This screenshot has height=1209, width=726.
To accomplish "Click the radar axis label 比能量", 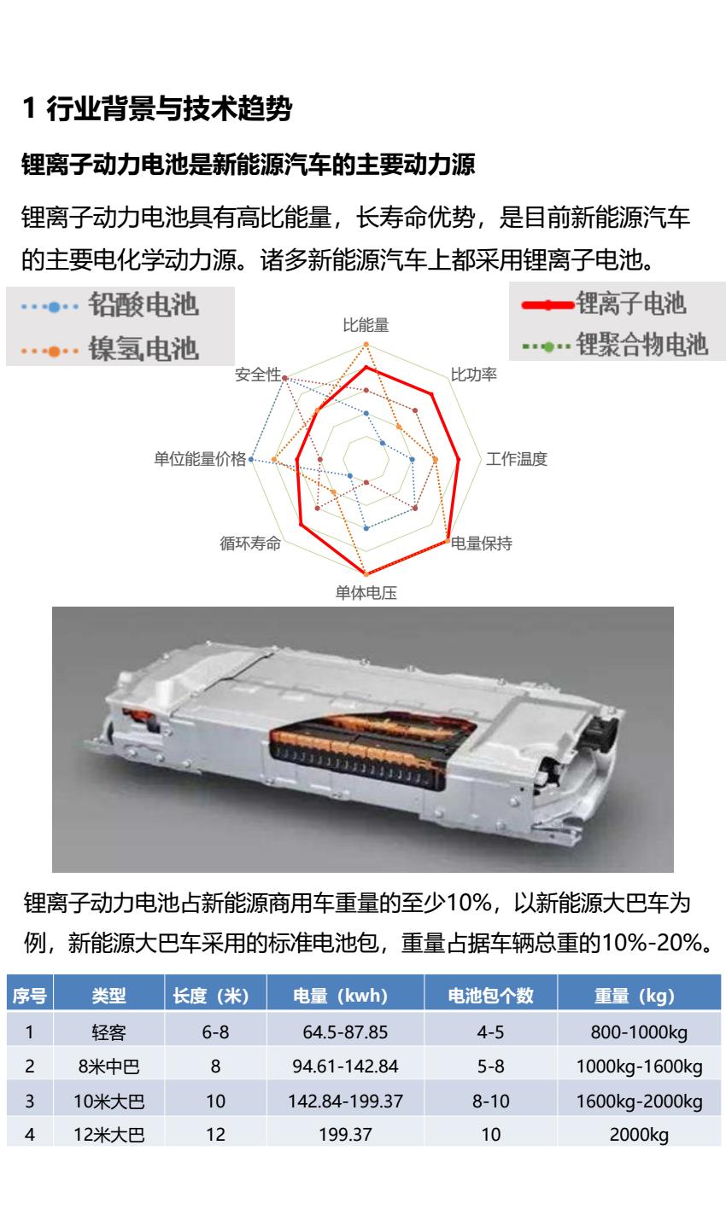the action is click(366, 325).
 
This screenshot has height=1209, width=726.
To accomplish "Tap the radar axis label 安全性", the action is click(258, 374).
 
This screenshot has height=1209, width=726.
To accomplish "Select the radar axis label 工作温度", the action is click(517, 459).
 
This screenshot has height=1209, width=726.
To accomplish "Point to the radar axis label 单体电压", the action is click(366, 593).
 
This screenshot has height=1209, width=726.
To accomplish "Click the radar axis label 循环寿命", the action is click(250, 543).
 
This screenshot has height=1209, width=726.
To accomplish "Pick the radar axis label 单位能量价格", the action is click(200, 459).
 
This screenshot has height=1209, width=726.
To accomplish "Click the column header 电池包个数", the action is click(490, 996).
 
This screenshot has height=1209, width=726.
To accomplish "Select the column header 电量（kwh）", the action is click(345, 996).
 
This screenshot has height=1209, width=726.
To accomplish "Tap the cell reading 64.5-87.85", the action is click(345, 1032).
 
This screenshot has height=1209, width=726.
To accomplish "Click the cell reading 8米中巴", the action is click(108, 1067).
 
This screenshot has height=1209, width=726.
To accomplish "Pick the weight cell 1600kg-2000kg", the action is click(639, 1101).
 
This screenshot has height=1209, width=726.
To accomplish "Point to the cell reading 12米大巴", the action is click(108, 1135).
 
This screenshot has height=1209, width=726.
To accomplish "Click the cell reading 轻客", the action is click(108, 1032).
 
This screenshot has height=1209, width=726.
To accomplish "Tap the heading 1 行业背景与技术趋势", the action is click(157, 108).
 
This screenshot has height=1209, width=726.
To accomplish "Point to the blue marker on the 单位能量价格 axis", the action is click(250, 459).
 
